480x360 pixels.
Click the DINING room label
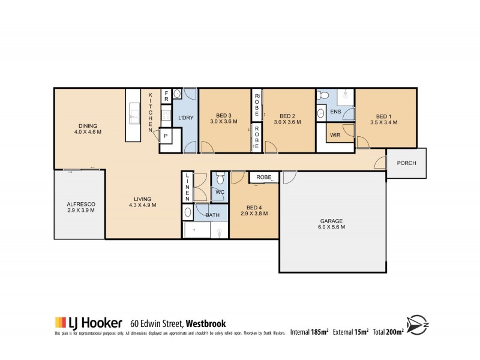click(x=79, y=125)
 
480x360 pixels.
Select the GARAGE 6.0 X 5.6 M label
click(x=331, y=224)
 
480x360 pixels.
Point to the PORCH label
click(x=406, y=163)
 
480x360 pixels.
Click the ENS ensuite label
click(x=336, y=111)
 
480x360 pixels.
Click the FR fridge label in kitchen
click(x=166, y=97)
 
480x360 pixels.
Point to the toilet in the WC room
click(x=220, y=179)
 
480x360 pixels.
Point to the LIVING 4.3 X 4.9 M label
click(x=143, y=202)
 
